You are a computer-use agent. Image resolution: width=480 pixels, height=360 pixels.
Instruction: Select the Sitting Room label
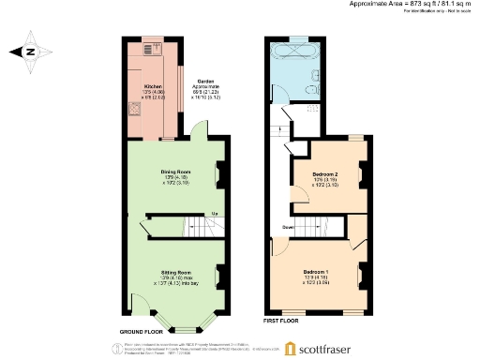point(175,274)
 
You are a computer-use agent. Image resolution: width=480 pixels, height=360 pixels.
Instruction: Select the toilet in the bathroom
point(309,91)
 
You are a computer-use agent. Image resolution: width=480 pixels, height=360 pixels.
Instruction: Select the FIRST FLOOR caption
point(280,321)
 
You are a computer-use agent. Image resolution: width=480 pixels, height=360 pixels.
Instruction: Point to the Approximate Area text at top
point(404,4)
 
